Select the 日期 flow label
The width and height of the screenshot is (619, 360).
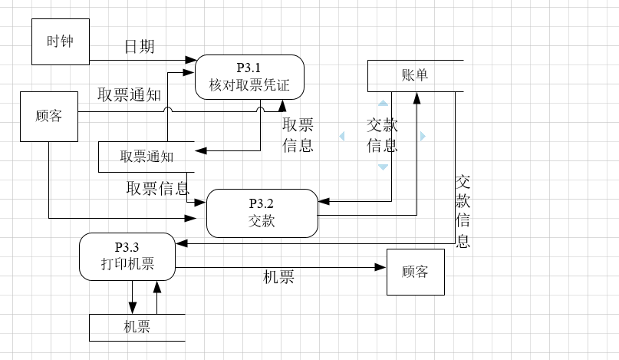[x=140, y=47]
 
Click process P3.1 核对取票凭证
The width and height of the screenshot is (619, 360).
[x=249, y=78]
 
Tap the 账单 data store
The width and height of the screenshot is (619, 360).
[x=415, y=75]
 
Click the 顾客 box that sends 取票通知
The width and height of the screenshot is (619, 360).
[x=48, y=117]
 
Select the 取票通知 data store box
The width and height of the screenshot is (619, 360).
[x=147, y=157]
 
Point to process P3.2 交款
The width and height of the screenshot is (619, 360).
[x=262, y=213]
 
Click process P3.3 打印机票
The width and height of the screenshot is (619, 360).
[x=127, y=256]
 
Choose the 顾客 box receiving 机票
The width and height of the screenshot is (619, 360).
[x=415, y=272]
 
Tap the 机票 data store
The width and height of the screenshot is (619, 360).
[x=137, y=327]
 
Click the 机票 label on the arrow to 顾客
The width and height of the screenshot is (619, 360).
[x=278, y=277]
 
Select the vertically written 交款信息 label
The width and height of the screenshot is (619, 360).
[x=463, y=211]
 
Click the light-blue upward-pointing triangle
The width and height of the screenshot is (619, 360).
[x=383, y=103]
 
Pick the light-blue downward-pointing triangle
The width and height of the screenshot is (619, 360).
[x=383, y=167]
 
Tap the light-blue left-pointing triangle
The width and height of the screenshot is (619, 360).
[x=343, y=136]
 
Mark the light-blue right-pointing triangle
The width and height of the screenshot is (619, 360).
[x=422, y=136]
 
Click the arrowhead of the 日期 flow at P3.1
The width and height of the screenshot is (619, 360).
[x=192, y=59]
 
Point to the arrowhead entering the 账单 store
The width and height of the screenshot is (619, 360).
[x=417, y=97]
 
